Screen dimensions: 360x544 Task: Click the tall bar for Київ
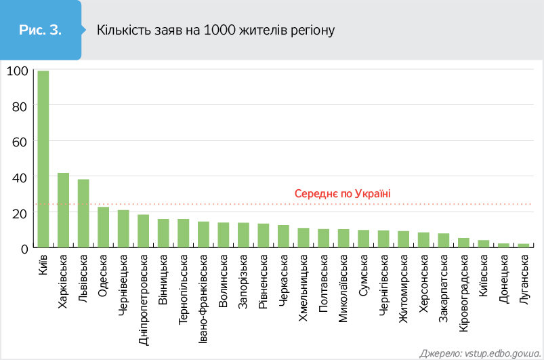click(43, 159)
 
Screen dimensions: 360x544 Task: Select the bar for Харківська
click(63, 210)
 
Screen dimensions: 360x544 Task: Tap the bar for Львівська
click(83, 214)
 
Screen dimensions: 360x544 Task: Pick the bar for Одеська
click(104, 227)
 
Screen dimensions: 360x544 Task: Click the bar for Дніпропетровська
click(144, 231)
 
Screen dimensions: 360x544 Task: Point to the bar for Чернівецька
click(123, 229)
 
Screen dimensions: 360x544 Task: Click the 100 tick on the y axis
click(17, 71)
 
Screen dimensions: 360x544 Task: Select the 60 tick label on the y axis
click(20, 142)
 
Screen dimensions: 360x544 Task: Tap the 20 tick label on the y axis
click(20, 213)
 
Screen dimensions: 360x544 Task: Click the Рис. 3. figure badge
click(40, 30)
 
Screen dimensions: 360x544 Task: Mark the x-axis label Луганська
click(524, 279)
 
